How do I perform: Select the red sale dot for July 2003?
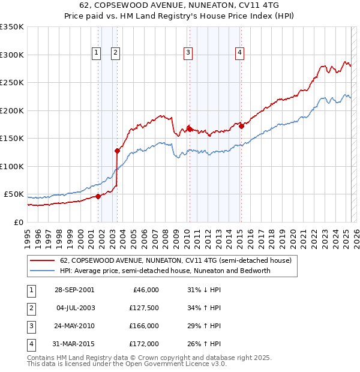(117, 151)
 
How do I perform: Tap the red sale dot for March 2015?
(241, 126)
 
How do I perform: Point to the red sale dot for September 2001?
(98, 196)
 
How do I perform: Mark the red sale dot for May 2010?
(190, 129)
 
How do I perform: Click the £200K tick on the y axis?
(12, 110)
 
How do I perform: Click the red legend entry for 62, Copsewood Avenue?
(175, 260)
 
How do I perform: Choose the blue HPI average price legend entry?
(165, 271)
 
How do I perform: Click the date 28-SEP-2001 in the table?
(74, 290)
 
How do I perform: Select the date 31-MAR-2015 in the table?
(74, 344)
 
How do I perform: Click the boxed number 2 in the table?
(31, 308)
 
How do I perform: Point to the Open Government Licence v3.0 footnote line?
(127, 364)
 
